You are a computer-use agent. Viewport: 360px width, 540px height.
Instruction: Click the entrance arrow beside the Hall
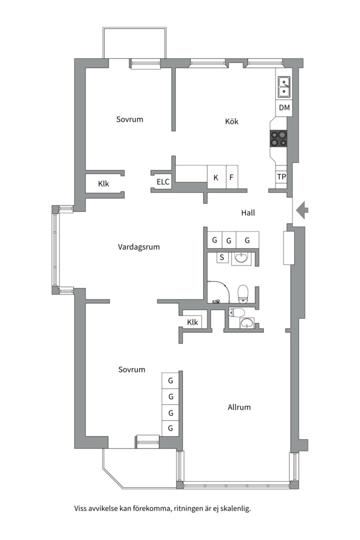pos(302,210)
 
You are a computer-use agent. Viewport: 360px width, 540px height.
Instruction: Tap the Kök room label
pos(231,121)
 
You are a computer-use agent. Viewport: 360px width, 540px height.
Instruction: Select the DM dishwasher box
pos(284,107)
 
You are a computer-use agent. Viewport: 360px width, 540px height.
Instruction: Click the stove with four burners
pos(279,138)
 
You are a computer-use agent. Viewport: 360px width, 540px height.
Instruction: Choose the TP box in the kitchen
pos(281,177)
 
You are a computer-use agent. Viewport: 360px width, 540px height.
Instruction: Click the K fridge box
pos(216,177)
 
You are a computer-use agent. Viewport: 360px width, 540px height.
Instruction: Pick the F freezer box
pos(231,177)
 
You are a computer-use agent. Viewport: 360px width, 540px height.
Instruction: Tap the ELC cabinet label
pos(163,182)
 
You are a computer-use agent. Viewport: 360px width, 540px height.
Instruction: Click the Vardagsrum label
pos(138,247)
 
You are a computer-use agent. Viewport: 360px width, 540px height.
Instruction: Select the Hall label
pos(248,213)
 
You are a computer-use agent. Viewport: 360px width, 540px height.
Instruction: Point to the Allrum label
pos(239,407)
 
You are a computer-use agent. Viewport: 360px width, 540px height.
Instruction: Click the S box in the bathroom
pos(221,258)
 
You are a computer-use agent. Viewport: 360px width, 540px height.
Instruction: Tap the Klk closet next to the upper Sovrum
pos(103,183)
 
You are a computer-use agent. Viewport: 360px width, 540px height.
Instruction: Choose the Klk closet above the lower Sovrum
pos(192,322)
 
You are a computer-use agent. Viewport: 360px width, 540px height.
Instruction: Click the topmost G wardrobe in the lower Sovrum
pos(170,381)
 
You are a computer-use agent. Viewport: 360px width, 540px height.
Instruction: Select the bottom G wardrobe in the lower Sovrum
pos(170,428)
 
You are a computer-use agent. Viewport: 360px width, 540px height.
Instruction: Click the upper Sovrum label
pos(129,119)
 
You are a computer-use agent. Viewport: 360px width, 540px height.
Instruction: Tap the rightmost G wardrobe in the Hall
pos(247,240)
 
